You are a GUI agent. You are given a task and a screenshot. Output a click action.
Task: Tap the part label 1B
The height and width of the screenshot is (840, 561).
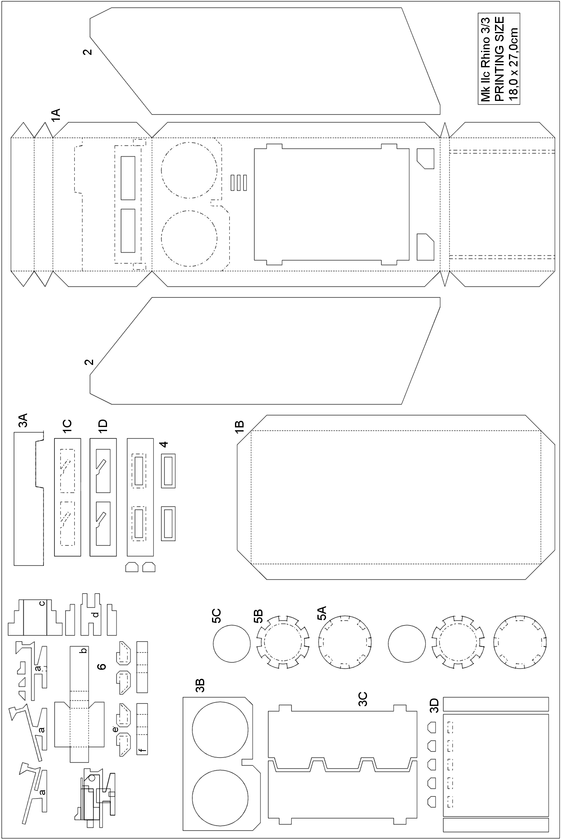(x=239, y=427)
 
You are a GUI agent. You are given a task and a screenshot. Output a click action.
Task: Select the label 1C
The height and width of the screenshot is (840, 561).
(x=67, y=427)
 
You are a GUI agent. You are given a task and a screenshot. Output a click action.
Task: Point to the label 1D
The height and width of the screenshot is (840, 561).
(x=103, y=427)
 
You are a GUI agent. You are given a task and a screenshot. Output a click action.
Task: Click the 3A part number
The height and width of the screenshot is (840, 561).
(x=23, y=421)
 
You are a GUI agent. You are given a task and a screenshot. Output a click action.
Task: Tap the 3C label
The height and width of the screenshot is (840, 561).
(x=363, y=699)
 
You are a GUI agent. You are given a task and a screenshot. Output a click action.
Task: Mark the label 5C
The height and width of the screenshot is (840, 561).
(x=217, y=616)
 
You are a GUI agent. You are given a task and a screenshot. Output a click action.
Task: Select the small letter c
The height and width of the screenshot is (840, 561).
(x=42, y=603)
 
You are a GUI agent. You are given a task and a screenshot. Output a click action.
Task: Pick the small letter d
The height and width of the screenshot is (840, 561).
(x=96, y=614)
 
